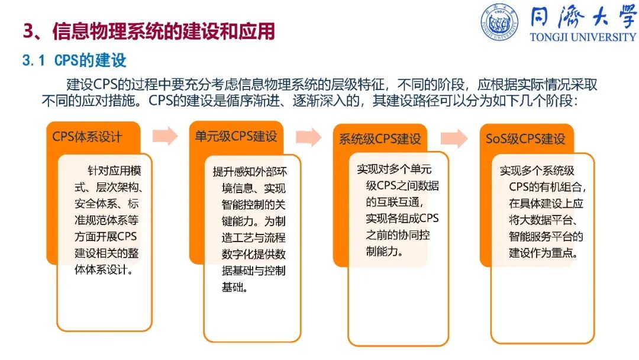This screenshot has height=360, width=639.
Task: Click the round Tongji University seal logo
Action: coord(499,22)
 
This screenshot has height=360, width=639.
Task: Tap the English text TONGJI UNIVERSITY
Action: coord(583,37)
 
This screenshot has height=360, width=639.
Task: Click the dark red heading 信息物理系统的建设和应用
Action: coord(164,31)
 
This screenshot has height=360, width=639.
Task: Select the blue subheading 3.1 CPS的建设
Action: coord(74,60)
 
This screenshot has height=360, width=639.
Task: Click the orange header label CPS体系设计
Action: coord(87,137)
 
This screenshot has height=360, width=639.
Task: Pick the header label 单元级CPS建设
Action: coord(236,136)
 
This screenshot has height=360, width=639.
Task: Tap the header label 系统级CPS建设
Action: coord(380,139)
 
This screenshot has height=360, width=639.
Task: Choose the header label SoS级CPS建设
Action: coord(525,139)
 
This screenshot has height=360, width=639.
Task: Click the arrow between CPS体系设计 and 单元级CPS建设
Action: coord(165,136)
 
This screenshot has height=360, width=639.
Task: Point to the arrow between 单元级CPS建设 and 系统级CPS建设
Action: coord(308,137)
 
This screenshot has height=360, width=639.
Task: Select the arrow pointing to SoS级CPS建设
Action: coord(454,138)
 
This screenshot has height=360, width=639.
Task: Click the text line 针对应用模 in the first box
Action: coord(114,171)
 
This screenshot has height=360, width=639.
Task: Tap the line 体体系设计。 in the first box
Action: coord(104,269)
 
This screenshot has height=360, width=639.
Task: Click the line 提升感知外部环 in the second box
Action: coord(250,172)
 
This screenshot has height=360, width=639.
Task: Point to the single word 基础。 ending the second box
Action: coord(235,287)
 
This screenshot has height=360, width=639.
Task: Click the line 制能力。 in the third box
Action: coord(385,252)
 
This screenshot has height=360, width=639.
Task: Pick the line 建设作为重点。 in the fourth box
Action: coord(544,253)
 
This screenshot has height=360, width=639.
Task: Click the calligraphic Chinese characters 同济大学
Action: coord(583,17)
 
